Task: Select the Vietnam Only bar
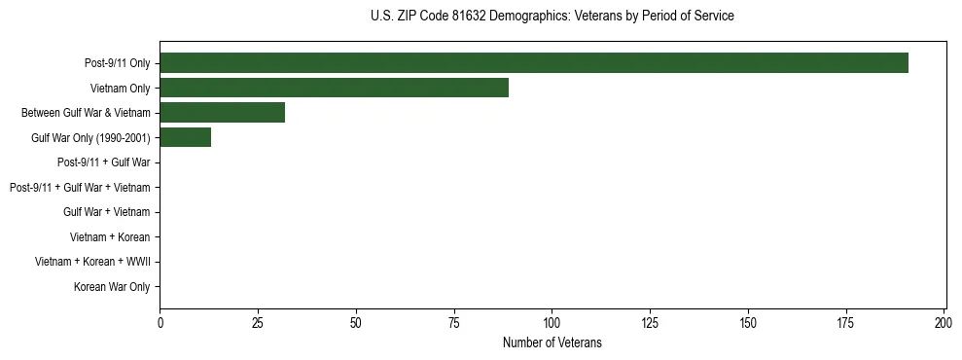(x=334, y=88)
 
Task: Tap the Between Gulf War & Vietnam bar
(x=222, y=113)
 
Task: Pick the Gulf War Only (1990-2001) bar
(x=185, y=138)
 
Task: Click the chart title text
(x=552, y=16)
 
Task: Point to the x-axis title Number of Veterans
(x=552, y=342)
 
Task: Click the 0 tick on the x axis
(x=160, y=322)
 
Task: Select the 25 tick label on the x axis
(x=258, y=322)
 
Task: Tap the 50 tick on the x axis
(x=356, y=322)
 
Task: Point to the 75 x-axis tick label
(x=454, y=322)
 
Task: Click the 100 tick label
(x=552, y=322)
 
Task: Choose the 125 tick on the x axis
(x=650, y=322)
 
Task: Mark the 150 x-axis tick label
(x=748, y=322)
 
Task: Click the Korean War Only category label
(x=112, y=287)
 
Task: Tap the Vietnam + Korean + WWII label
(x=92, y=262)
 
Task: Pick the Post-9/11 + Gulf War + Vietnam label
(x=80, y=187)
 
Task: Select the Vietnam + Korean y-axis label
(x=110, y=237)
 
